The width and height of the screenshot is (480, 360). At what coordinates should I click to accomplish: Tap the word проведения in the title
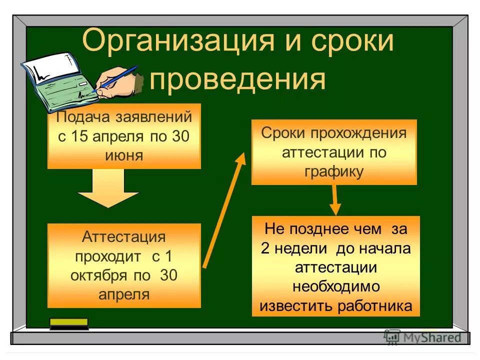pyautogui.click(x=237, y=79)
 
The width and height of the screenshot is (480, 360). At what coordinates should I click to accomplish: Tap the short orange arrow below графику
pyautogui.click(x=334, y=200)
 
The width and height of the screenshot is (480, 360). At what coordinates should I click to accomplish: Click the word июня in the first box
pyautogui.click(x=124, y=155)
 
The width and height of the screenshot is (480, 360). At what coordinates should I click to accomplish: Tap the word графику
pyautogui.click(x=333, y=171)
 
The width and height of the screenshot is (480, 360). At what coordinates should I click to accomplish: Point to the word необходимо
pyautogui.click(x=335, y=286)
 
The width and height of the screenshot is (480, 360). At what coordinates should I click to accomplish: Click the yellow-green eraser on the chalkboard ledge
pyautogui.click(x=69, y=323)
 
